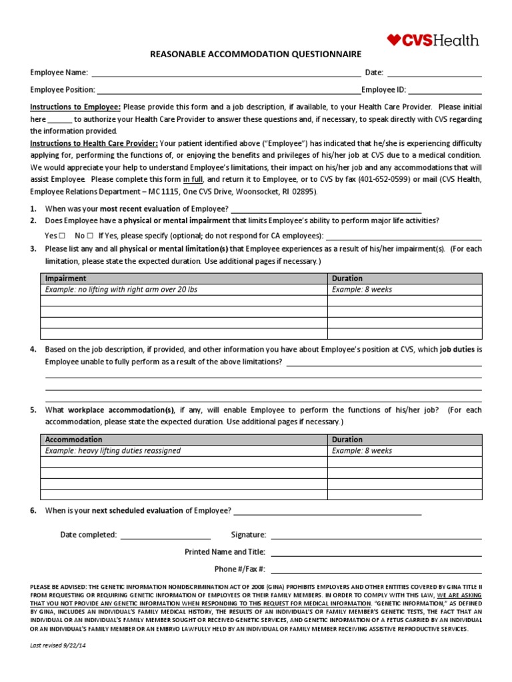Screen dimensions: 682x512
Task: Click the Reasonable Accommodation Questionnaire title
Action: tap(256, 54)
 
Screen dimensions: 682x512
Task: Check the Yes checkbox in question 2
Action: tap(62, 236)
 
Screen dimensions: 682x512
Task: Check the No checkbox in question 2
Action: tap(89, 236)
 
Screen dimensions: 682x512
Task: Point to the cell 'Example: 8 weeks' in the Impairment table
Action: tap(362, 290)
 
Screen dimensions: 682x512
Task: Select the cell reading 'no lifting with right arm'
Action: tap(121, 290)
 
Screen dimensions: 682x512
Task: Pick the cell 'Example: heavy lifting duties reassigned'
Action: tap(113, 451)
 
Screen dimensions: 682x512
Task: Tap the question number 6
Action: tap(33, 511)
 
